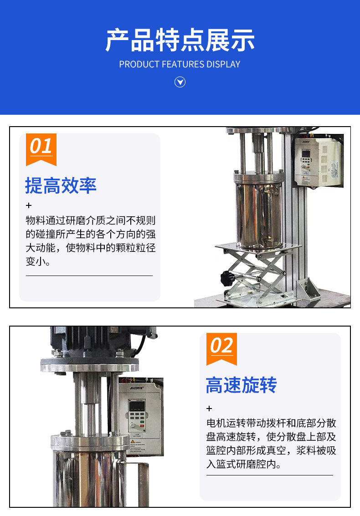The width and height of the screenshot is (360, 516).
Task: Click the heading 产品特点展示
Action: tap(180, 41)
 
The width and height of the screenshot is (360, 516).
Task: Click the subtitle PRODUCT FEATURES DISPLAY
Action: tap(180, 64)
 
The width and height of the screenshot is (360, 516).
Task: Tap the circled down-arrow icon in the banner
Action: tap(180, 82)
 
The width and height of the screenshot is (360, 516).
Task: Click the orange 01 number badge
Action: tap(41, 148)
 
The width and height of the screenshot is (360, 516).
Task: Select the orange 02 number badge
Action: tap(221, 347)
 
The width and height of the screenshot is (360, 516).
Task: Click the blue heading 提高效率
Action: tap(61, 186)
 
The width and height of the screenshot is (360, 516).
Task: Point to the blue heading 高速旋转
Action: tap(241, 385)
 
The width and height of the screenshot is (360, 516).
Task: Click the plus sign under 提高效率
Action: tap(29, 205)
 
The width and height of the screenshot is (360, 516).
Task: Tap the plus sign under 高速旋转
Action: tap(210, 409)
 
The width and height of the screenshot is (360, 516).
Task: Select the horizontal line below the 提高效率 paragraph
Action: tap(89, 276)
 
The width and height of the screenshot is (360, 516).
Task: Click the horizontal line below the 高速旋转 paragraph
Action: tap(269, 475)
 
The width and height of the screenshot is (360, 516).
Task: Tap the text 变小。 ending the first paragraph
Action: tap(38, 262)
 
